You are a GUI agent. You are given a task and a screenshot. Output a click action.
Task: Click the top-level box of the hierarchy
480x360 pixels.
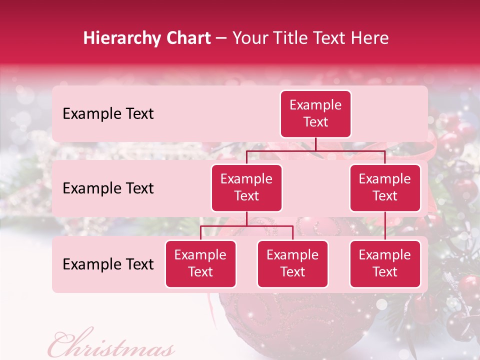click(315, 113)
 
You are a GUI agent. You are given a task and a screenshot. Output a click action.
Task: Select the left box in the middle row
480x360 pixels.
click(246, 187)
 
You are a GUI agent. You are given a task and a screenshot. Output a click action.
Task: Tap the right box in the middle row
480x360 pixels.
click(385, 187)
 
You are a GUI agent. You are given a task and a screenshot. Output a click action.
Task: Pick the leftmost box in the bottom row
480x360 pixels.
click(200, 263)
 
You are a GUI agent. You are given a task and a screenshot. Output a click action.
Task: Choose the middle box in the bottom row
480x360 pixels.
click(292, 263)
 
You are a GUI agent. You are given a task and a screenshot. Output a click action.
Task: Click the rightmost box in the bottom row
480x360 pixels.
click(385, 263)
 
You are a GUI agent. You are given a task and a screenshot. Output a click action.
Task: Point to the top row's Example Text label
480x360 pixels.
click(108, 114)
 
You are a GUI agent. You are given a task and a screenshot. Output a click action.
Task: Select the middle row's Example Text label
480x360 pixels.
click(108, 188)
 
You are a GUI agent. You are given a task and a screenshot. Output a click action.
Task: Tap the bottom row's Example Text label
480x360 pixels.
click(108, 264)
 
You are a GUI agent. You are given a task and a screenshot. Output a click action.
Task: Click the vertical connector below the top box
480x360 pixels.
click(315, 144)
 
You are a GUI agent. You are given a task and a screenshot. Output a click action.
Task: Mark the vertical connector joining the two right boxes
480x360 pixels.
click(385, 226)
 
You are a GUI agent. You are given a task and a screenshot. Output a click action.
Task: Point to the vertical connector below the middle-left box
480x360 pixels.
click(246, 218)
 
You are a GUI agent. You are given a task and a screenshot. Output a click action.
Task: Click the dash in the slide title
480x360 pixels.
click(221, 38)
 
